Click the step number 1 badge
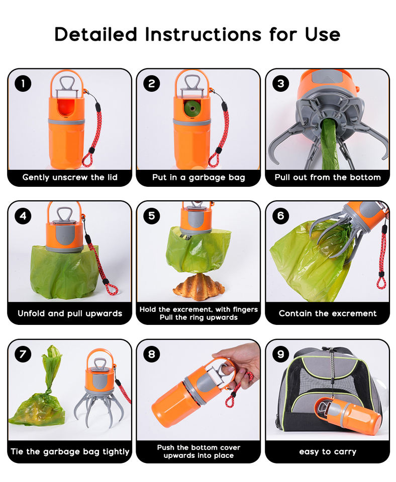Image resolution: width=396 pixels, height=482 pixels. coord(23,83)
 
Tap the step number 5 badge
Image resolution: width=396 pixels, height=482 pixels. coord(152,215)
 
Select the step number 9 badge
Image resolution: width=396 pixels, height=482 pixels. coord(280,354)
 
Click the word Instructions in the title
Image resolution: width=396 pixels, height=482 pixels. coord(203,34)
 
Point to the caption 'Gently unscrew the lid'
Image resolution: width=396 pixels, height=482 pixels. coord(70,177)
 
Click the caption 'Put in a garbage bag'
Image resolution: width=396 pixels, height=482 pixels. coord(199,177)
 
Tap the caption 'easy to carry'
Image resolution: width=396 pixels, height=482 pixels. coord(328,451)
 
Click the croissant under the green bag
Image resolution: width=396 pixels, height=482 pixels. coord(199,287)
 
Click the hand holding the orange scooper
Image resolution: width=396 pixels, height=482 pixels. coord(239,366)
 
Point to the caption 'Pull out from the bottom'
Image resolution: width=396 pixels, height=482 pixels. coord(328,177)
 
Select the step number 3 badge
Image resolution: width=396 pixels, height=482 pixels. coord(280,83)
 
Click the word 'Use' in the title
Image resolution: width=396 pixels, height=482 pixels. coord(323,34)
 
